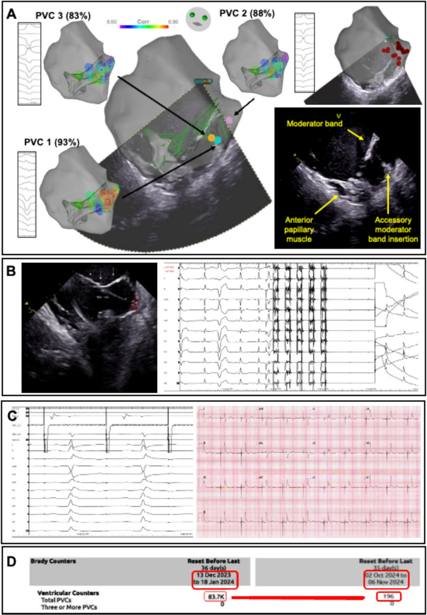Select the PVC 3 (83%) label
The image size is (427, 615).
tap(61, 15)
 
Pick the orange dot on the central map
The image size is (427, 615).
tap(211, 138)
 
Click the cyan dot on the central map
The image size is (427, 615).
tap(219, 140)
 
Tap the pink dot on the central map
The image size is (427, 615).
tap(229, 120)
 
